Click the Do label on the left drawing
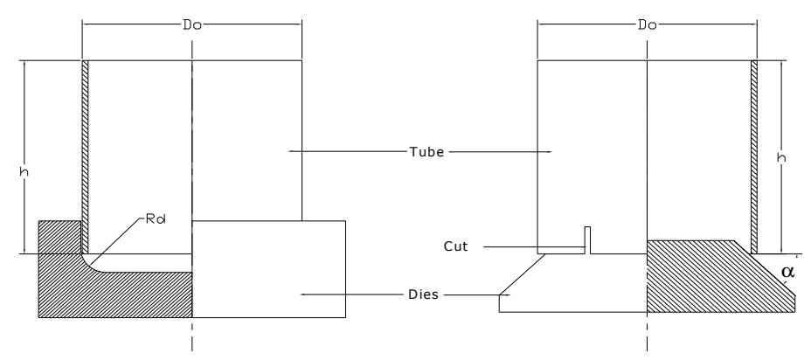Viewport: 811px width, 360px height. click(192, 24)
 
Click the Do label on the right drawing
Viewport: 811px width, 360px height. click(648, 24)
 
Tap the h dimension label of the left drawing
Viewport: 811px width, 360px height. click(24, 172)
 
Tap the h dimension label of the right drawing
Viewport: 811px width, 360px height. click(782, 158)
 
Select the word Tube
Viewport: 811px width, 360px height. click(426, 152)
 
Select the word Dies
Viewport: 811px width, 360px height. click(423, 294)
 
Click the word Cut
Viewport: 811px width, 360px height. click(455, 246)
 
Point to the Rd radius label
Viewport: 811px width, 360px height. click(156, 218)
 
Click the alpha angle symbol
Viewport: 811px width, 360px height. click(787, 271)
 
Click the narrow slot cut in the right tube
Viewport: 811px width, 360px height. click(587, 240)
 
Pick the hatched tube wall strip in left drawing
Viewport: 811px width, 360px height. click(86, 156)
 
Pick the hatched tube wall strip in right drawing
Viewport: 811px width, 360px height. click(754, 156)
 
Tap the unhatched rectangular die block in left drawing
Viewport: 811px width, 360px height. click(269, 269)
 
